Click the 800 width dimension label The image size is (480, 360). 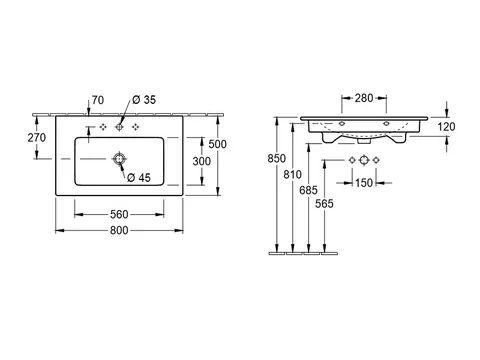[x=119, y=230]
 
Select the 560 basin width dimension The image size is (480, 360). [x=119, y=214]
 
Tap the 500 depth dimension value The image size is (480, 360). [x=217, y=144]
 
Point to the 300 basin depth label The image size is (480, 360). [x=202, y=161]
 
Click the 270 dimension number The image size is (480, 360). [x=37, y=137]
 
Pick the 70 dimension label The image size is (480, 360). [x=98, y=100]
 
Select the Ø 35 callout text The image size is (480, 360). [x=144, y=100]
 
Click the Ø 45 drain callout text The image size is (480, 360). [x=139, y=178]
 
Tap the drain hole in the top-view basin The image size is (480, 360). [x=119, y=159]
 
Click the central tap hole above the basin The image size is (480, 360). [x=119, y=127]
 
